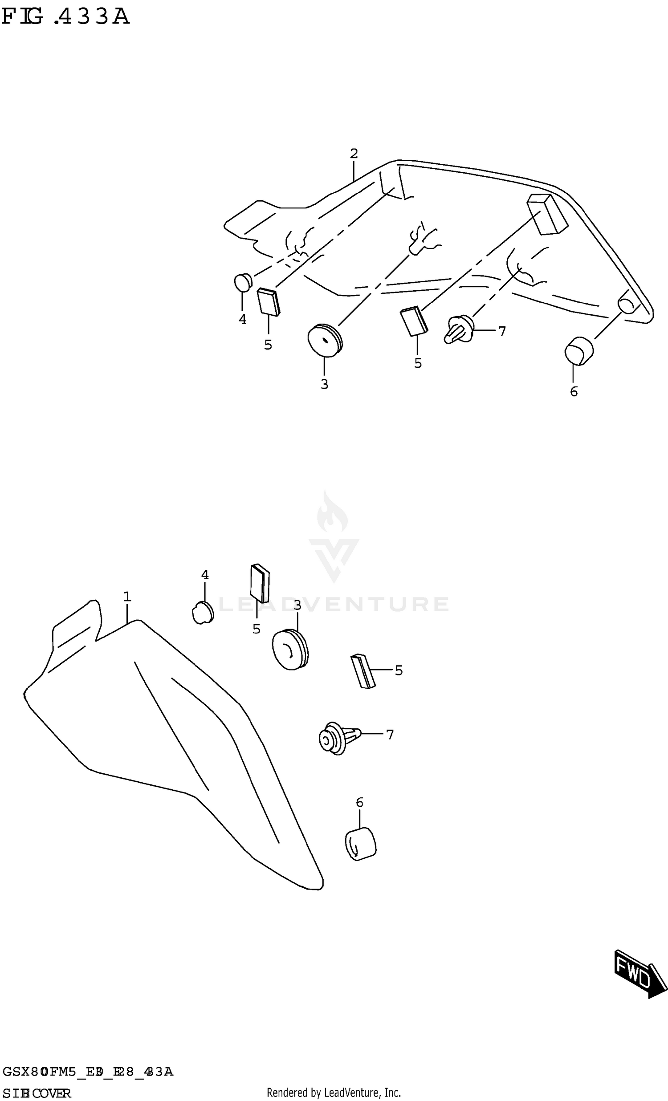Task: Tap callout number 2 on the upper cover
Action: point(354,154)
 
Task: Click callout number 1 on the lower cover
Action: point(127,597)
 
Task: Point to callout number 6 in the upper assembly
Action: point(574,392)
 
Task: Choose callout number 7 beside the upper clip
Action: point(502,331)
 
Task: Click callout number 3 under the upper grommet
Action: point(324,384)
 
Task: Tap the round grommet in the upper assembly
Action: point(325,340)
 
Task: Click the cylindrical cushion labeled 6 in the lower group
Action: point(360,845)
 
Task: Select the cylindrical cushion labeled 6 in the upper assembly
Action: point(578,351)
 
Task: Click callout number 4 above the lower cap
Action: point(205,575)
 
